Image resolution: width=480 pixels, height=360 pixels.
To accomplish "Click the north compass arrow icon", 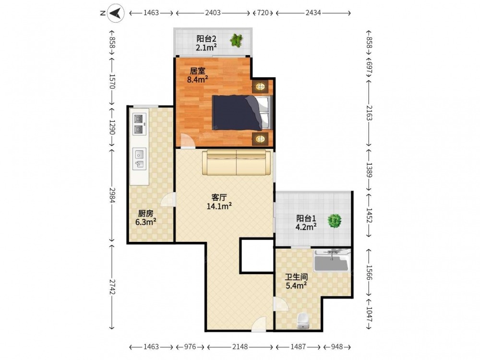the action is point(116,13).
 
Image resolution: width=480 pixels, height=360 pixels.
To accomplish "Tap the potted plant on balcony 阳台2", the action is point(236,40).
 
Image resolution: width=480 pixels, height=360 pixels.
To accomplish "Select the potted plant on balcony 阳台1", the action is point(334,220).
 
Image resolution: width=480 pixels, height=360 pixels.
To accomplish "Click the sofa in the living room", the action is point(236,162).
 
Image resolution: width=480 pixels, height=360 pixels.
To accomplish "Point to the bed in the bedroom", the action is point(242,112).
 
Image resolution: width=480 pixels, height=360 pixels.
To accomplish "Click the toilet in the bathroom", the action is point(303,321).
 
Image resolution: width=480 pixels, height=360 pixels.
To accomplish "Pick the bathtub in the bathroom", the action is point(332,261).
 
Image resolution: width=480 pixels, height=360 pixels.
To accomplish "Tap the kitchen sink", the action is point(140,158).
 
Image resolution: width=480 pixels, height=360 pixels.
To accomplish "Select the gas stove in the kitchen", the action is point(140,124).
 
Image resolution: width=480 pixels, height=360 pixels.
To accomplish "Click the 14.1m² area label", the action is point(219,206).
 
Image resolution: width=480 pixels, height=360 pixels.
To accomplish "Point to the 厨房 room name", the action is point(146,214).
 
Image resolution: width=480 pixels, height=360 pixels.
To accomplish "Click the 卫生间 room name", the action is point(296,277).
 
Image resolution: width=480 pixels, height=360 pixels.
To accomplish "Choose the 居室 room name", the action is point(197,71).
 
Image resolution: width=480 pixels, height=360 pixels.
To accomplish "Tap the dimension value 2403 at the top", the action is point(213,13).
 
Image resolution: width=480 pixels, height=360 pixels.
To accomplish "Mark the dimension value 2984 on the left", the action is point(111,195).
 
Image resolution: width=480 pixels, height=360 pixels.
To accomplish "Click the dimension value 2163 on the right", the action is point(369,113).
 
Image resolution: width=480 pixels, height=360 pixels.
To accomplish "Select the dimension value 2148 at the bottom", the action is point(240,347).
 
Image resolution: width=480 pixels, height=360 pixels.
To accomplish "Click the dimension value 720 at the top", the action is point(263,13).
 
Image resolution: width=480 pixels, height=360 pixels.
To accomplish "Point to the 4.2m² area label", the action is point(306,227).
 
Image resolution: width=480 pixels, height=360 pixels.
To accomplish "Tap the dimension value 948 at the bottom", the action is point(337,347).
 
